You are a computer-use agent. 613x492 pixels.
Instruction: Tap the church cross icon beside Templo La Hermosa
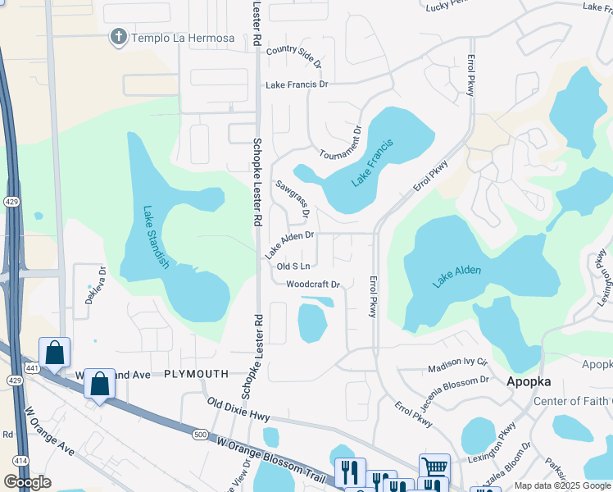[119, 37]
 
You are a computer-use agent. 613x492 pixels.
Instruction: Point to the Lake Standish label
[156, 237]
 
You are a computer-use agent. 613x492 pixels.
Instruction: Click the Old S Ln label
[293, 266]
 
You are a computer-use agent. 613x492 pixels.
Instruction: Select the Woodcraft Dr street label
[313, 285]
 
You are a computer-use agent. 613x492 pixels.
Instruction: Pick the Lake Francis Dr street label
[296, 84]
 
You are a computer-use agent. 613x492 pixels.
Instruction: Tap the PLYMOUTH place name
[196, 373]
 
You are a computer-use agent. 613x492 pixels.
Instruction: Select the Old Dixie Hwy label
[238, 410]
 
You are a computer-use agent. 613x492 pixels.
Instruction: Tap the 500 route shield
[200, 432]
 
